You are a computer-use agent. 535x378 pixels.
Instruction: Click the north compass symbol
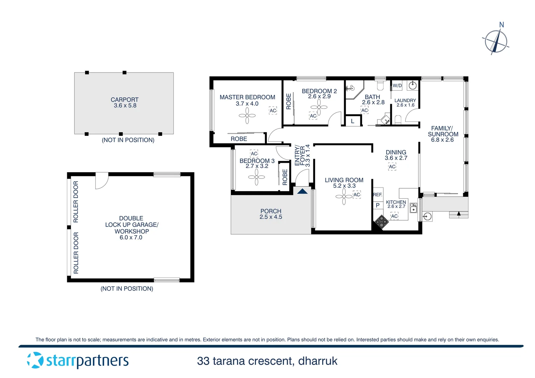pos(496,42)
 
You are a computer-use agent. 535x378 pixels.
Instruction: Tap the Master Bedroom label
pos(247,97)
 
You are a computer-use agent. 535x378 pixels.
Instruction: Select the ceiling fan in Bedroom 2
pos(319,107)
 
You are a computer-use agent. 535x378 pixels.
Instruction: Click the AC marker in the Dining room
pos(392,167)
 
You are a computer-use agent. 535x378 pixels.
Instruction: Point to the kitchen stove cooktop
pos(382,222)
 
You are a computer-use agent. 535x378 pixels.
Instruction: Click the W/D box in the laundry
pos(397,85)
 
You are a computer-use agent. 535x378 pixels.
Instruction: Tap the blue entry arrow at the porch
pos(302,191)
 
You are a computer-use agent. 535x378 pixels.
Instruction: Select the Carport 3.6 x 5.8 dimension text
pos(125,106)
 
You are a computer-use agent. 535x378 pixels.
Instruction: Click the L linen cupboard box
pos(353,121)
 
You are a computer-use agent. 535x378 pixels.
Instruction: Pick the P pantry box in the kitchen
pos(377,205)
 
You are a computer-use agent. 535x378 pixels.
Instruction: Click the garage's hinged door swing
pos(101,181)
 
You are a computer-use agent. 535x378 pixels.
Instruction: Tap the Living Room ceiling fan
pos(344,197)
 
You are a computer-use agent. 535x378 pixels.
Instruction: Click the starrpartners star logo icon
pos(35,360)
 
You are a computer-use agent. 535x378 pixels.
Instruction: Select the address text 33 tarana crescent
pos(267,361)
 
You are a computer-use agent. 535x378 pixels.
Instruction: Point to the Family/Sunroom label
pos(443,131)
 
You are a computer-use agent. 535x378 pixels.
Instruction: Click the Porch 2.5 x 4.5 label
pos(271,214)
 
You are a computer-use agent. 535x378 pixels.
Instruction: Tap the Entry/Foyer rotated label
pos(302,156)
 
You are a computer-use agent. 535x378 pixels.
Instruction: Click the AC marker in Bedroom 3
pos(254,154)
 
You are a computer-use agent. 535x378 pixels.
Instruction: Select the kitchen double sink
pos(413,208)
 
